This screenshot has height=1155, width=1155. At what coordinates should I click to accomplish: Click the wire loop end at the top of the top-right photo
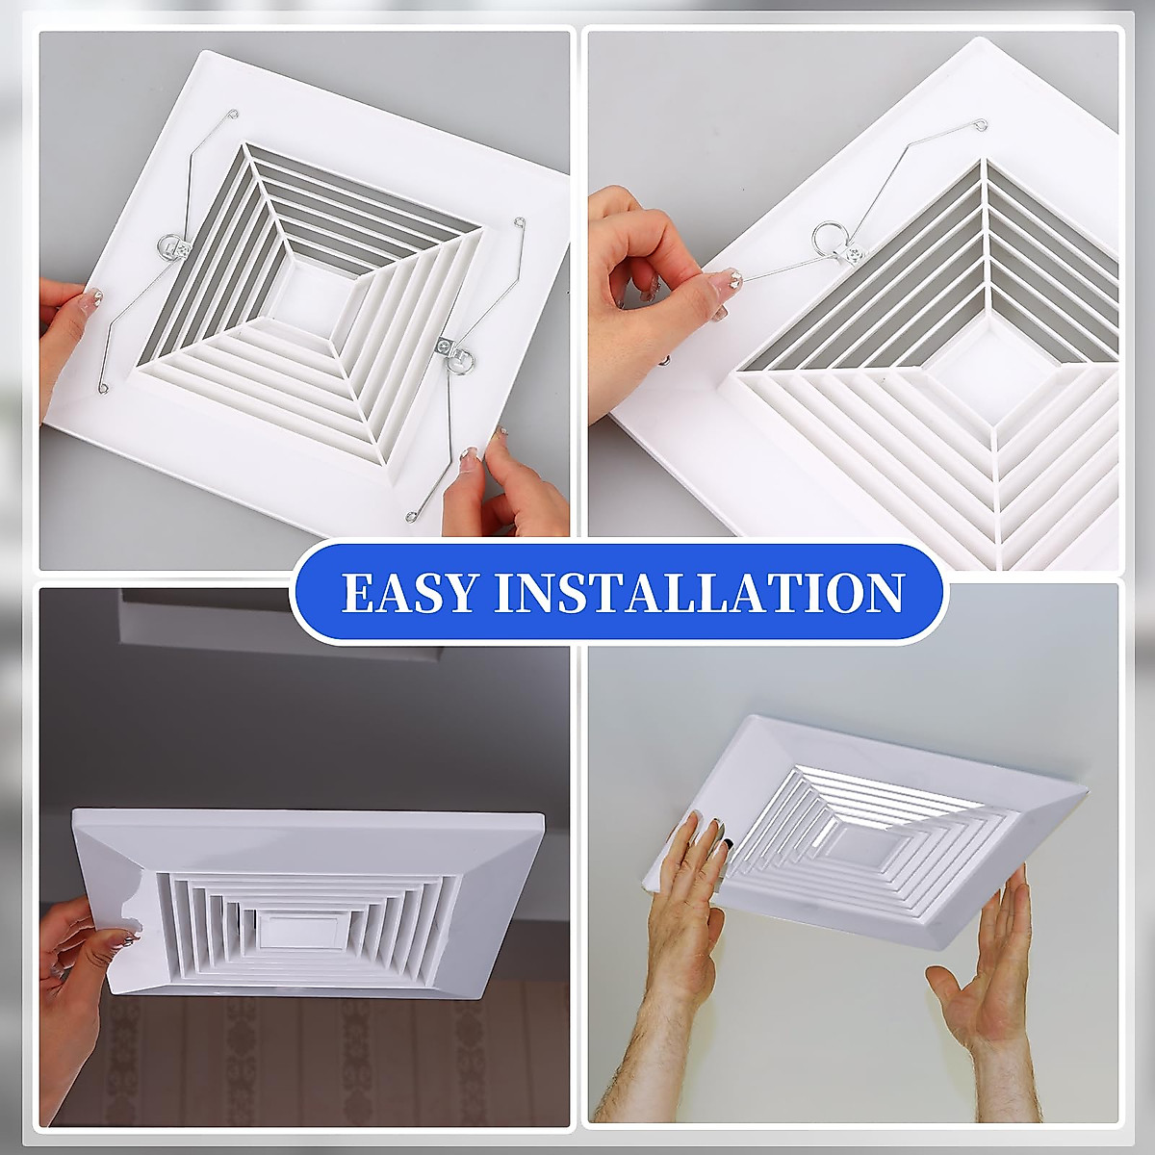pos(979,124)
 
